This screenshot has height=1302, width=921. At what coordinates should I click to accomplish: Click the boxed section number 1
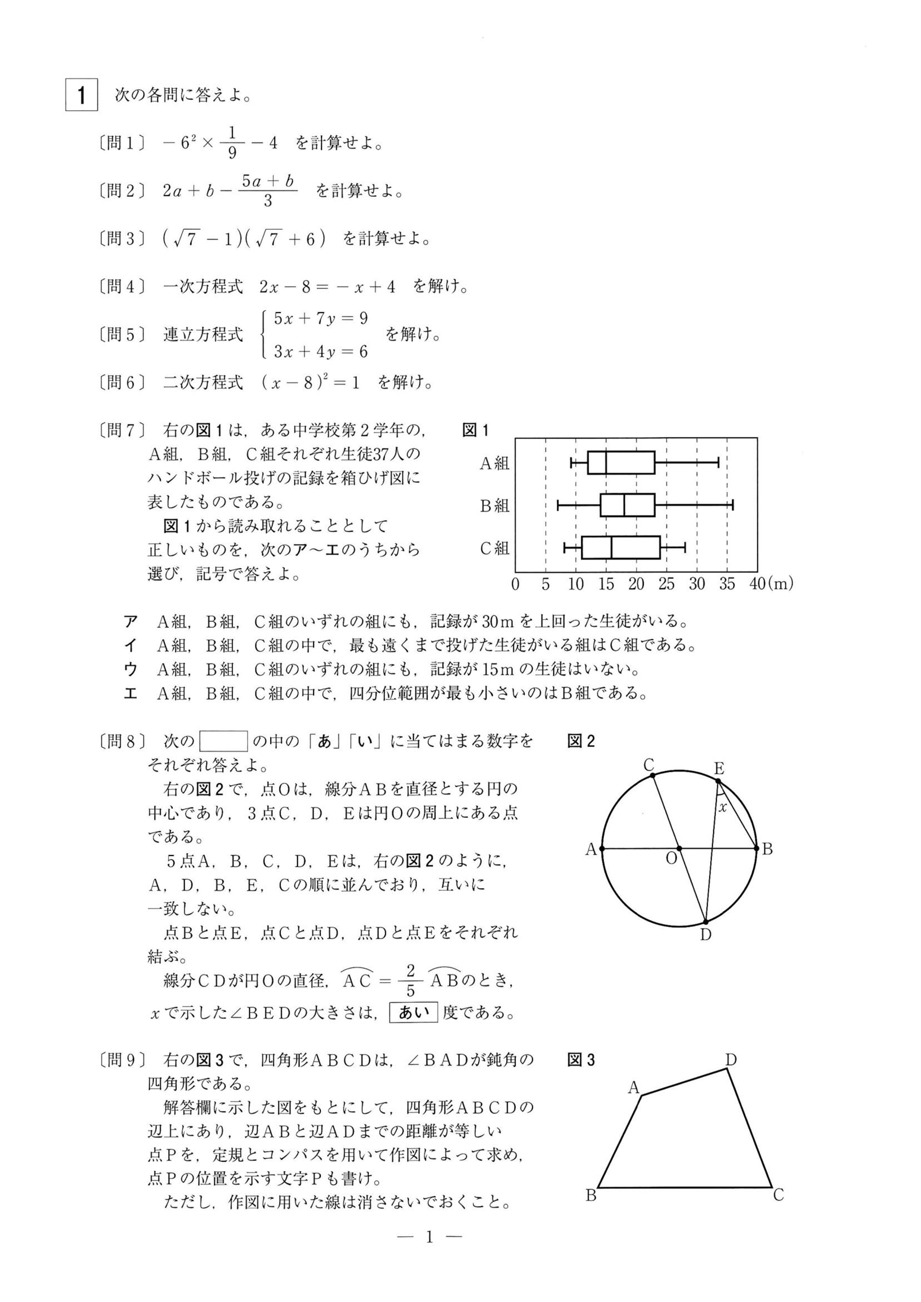(x=82, y=95)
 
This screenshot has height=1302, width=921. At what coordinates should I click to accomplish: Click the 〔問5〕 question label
(x=121, y=334)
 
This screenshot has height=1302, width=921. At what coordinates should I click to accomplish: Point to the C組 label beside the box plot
(x=494, y=548)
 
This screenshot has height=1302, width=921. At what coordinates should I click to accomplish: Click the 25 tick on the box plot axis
(x=666, y=584)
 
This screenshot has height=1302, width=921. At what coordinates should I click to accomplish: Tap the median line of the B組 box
(x=624, y=505)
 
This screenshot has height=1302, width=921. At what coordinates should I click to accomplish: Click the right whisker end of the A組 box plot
(x=719, y=462)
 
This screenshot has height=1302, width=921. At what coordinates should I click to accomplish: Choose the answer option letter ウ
(x=130, y=670)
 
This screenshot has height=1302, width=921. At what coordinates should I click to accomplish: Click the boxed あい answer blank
(x=414, y=1012)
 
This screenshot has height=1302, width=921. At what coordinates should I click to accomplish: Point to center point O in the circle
(x=679, y=849)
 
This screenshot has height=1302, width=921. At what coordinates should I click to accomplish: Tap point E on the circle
(x=718, y=781)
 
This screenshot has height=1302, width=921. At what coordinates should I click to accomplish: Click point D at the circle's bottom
(x=705, y=922)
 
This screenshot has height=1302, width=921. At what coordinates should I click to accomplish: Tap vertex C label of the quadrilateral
(x=778, y=1195)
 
